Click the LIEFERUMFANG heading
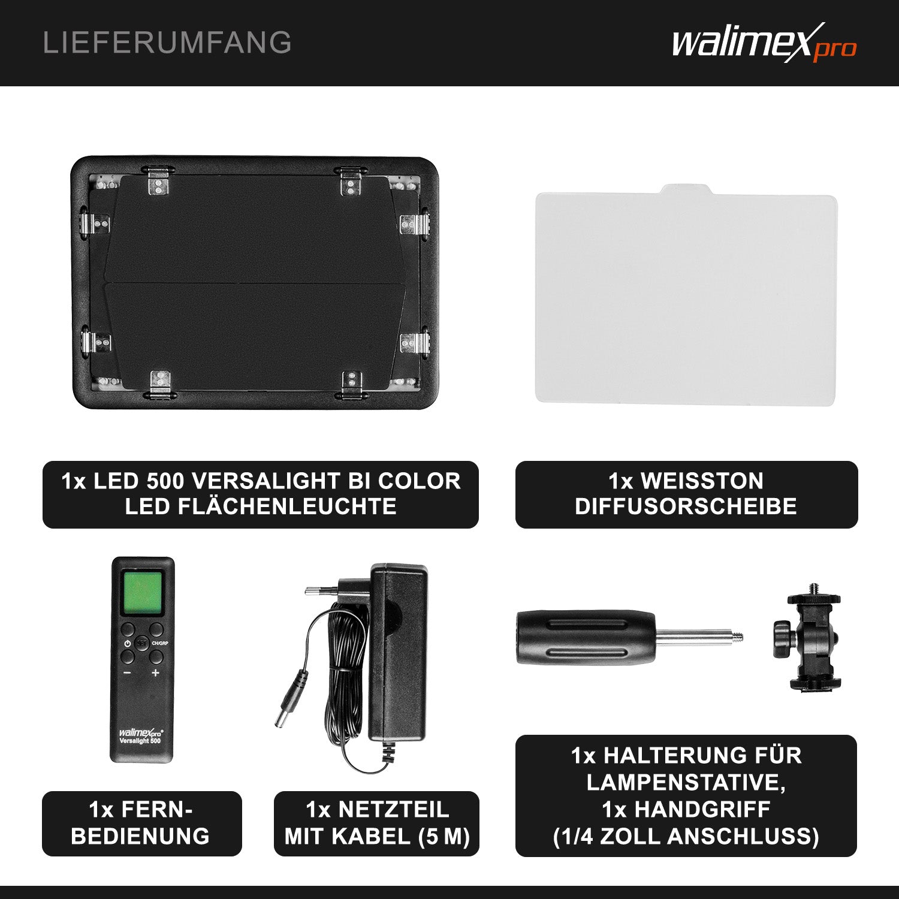(167, 43)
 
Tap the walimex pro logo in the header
(764, 43)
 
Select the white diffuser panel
(686, 300)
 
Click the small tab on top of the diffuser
(686, 190)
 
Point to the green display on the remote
(143, 592)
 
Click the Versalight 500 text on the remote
(140, 741)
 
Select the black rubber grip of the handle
(584, 637)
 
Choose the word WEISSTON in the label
(702, 481)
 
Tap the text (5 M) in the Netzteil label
(444, 836)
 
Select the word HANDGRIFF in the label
(702, 809)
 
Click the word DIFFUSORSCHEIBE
(686, 506)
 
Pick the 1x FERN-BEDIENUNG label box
(141, 823)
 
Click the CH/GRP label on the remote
(160, 643)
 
